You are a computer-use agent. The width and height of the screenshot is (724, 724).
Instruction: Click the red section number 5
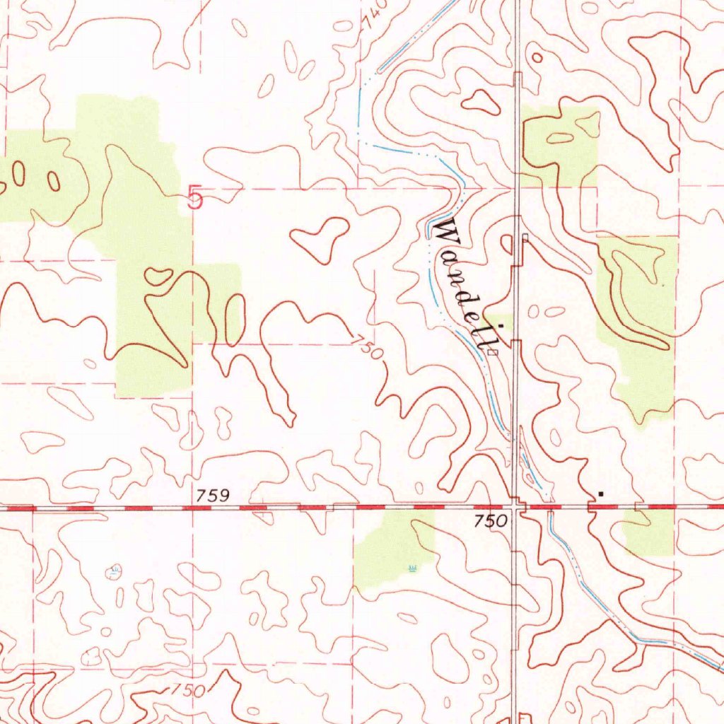(x=195, y=198)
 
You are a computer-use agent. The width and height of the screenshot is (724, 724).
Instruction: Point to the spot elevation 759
(x=214, y=496)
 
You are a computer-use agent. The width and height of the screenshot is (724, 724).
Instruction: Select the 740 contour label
(x=374, y=15)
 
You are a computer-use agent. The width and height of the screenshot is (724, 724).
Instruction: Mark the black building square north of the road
(x=600, y=491)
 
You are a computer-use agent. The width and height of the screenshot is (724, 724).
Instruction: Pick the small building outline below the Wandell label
(x=496, y=349)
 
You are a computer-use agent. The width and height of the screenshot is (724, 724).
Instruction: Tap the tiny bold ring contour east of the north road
(x=537, y=58)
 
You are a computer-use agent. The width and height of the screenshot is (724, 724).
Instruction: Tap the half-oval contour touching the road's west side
(x=507, y=245)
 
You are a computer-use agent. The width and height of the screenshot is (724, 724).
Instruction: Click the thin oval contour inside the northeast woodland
(x=561, y=138)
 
